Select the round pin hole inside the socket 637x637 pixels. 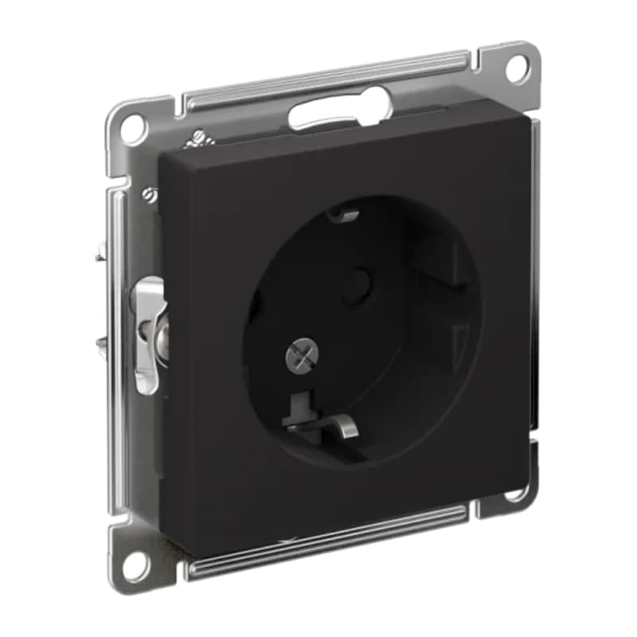pyautogui.click(x=358, y=279)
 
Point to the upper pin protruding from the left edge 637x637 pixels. pyautogui.click(x=99, y=256)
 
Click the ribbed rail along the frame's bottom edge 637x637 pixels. pyautogui.click(x=326, y=543)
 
